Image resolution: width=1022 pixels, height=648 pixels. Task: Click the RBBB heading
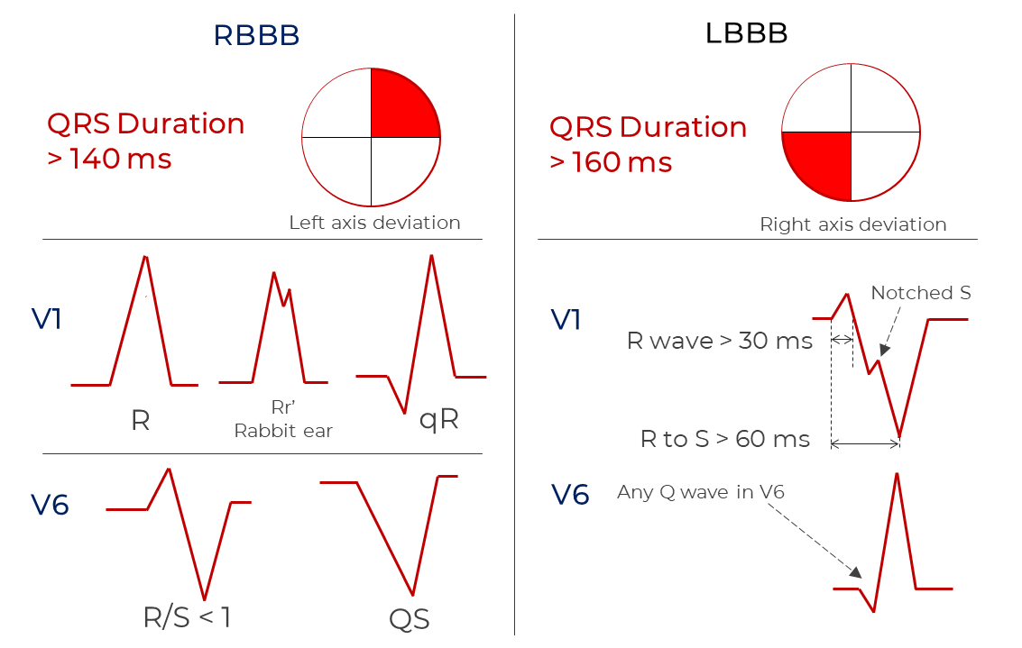click(x=256, y=35)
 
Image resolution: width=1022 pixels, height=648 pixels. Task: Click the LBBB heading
click(x=746, y=33)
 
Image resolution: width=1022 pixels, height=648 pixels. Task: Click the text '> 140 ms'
click(x=109, y=159)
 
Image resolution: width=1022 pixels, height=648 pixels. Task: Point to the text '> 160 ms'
click(x=611, y=162)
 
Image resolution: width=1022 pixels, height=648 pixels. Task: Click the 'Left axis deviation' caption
click(x=374, y=223)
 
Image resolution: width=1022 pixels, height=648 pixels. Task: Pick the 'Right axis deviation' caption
click(x=853, y=224)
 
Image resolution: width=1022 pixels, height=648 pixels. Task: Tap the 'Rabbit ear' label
click(x=283, y=431)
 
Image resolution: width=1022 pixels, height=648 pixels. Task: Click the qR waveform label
click(x=439, y=420)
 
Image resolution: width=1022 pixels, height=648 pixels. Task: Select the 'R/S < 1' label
click(x=187, y=617)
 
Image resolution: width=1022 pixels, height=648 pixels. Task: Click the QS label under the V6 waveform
click(x=410, y=618)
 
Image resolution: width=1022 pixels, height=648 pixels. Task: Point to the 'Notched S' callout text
click(x=921, y=293)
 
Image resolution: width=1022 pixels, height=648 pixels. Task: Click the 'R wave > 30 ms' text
click(x=720, y=341)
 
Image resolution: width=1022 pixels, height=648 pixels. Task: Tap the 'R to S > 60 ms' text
click(x=725, y=439)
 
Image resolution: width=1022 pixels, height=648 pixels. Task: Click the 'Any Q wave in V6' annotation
click(x=701, y=492)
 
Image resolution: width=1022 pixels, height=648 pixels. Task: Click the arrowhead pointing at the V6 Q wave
click(x=855, y=572)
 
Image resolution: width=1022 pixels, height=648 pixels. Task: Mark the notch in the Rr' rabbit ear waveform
click(x=283, y=305)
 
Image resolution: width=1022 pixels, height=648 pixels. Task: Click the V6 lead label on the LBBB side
click(x=571, y=495)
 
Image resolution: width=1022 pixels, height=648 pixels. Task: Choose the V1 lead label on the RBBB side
click(x=47, y=319)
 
